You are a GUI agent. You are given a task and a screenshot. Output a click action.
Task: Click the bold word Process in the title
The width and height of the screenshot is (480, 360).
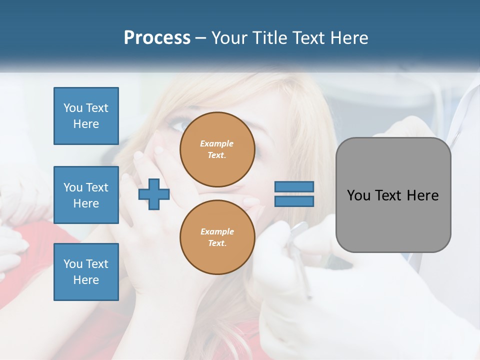tap(157, 38)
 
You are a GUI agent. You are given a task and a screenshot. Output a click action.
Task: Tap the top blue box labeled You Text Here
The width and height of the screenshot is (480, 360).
tap(86, 116)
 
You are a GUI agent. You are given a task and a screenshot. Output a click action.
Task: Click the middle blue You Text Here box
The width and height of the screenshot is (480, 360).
tap(86, 195)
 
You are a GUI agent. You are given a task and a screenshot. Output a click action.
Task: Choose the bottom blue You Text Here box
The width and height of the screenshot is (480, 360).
tap(86, 272)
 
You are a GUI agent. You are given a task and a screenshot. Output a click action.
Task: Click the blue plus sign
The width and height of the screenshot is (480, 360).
tap(154, 194)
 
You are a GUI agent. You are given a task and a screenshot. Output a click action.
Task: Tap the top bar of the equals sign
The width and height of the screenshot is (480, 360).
tap(294, 186)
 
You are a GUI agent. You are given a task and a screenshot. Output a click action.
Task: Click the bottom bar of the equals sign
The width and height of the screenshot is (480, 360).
tap(294, 201)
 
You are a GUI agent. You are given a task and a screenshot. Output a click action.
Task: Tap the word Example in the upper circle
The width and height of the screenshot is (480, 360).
tap(216, 143)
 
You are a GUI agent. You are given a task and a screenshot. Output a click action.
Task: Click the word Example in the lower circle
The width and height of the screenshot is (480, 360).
tap(217, 231)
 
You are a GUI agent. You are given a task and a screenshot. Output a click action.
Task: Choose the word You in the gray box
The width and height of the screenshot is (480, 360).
tap(358, 195)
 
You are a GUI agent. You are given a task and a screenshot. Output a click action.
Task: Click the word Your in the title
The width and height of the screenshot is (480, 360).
tap(230, 38)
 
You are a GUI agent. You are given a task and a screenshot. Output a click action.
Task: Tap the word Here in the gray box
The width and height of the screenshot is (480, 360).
tap(422, 195)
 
